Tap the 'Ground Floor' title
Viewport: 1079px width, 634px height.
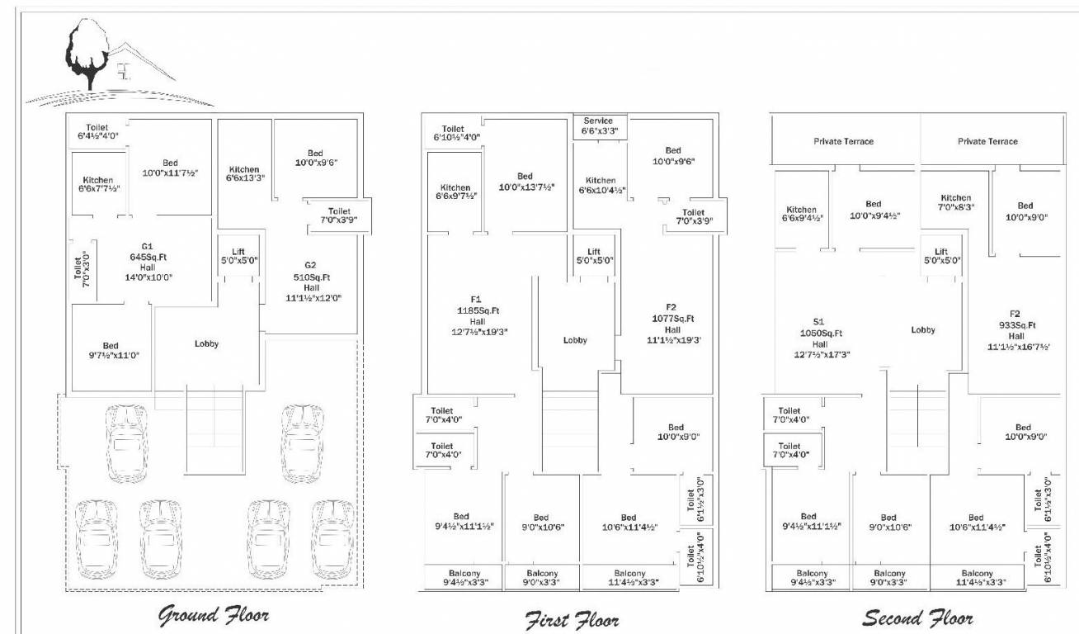click(214, 615)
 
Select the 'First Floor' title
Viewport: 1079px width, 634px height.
click(572, 619)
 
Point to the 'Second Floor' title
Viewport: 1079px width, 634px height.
click(917, 617)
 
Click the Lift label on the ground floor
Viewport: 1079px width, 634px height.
click(238, 255)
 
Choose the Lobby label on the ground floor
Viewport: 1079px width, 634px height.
click(206, 344)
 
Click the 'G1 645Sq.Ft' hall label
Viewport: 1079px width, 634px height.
click(147, 262)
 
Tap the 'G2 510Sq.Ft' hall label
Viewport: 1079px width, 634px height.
click(310, 282)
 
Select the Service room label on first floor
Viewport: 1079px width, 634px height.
click(600, 125)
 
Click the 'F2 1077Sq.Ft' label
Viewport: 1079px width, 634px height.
click(672, 324)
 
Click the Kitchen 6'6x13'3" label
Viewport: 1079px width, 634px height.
click(244, 174)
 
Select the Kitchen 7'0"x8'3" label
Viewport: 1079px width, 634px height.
click(956, 203)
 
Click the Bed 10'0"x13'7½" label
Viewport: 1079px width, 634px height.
click(525, 182)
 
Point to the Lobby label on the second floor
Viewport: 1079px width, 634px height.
click(923, 330)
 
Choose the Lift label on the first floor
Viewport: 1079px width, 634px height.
click(594, 256)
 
